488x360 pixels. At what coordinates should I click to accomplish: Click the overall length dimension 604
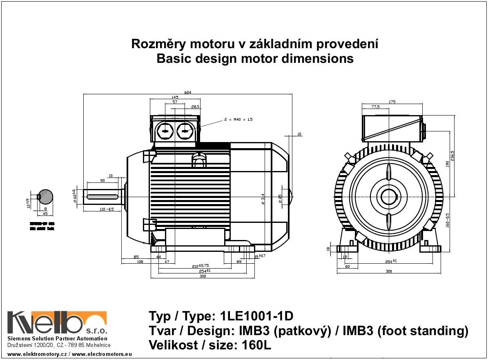[x=188, y=92]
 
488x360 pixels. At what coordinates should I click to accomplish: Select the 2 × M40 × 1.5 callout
[x=238, y=120]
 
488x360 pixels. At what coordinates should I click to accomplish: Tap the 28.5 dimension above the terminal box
[x=195, y=107]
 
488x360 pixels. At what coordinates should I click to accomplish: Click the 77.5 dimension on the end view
[x=376, y=107]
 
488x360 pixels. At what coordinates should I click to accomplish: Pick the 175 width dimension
[x=392, y=102]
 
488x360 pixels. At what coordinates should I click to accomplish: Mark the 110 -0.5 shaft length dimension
[x=107, y=209]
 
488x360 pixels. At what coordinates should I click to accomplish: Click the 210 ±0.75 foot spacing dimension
[x=201, y=266]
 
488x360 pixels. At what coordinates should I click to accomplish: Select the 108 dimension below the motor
[x=140, y=261]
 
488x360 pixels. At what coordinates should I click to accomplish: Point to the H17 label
[x=263, y=256]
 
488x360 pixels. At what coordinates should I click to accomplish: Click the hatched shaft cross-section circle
[x=45, y=196]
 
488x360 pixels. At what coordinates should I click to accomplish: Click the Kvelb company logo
[x=57, y=323]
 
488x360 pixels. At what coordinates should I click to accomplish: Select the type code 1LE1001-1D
[x=256, y=316]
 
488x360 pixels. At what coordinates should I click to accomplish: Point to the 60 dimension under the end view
[x=348, y=266]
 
